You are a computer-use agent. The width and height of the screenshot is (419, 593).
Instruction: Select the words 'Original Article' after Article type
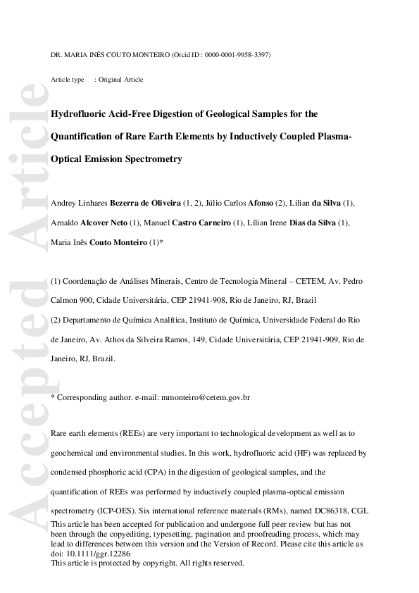click(120, 80)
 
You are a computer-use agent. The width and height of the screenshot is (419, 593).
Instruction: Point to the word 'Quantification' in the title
click(82, 136)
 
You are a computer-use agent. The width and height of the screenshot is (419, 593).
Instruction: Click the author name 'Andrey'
click(63, 204)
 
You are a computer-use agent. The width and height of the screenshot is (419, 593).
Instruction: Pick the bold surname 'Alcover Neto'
click(104, 223)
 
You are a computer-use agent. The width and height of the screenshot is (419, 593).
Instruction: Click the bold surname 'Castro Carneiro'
click(201, 223)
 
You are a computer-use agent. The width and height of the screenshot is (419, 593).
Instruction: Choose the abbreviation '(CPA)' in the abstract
click(175, 471)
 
